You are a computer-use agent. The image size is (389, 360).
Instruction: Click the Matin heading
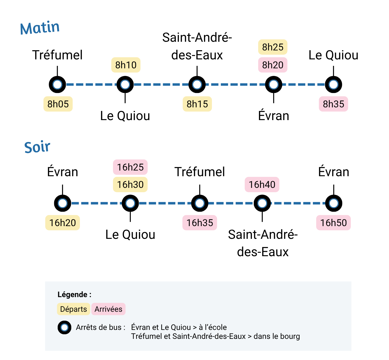(x=40, y=28)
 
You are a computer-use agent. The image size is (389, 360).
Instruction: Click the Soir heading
(x=37, y=147)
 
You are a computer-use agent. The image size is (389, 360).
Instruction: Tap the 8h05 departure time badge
(x=58, y=104)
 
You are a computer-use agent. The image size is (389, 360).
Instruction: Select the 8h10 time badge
(x=126, y=65)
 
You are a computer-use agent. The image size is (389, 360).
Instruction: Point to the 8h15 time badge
(x=197, y=104)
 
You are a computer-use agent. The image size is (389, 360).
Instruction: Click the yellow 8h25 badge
(x=273, y=47)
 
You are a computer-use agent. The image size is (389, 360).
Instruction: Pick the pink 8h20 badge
(x=273, y=65)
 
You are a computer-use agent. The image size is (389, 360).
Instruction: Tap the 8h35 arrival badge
(x=333, y=104)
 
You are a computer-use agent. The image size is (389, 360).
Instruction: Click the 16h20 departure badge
(x=63, y=223)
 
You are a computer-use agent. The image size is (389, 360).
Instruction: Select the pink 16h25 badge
(x=130, y=167)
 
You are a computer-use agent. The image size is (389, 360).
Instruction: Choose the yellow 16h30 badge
(x=130, y=185)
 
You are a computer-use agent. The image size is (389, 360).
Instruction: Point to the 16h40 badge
(x=262, y=185)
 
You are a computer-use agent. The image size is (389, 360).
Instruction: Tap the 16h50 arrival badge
(x=333, y=223)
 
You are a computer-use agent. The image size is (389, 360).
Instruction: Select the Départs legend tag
(x=73, y=309)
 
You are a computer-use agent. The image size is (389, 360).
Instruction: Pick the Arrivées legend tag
(x=108, y=309)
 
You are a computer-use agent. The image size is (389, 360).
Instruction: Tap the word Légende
(x=73, y=294)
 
